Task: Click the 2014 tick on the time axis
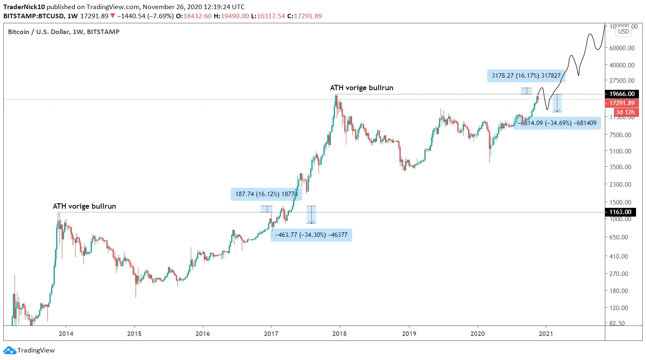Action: pyautogui.click(x=66, y=333)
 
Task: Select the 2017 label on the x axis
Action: pyautogui.click(x=271, y=333)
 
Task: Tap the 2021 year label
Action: pyautogui.click(x=546, y=333)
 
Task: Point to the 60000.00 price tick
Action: pyautogui.click(x=622, y=48)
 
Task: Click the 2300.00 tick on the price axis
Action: pyautogui.click(x=620, y=184)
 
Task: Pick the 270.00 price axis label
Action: pyautogui.click(x=619, y=274)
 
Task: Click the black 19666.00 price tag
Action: pyautogui.click(x=622, y=94)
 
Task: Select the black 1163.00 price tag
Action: pyautogui.click(x=620, y=212)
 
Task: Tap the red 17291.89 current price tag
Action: pyautogui.click(x=622, y=103)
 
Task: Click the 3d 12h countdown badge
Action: pyautogui.click(x=625, y=112)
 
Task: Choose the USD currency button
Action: pyautogui.click(x=624, y=32)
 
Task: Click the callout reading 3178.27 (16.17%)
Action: pyautogui.click(x=526, y=76)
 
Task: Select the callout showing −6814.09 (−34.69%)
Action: pyautogui.click(x=557, y=123)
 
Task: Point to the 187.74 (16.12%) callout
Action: pyautogui.click(x=266, y=194)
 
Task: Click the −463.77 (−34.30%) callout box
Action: pyautogui.click(x=311, y=235)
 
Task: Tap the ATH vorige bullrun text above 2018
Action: pyautogui.click(x=361, y=88)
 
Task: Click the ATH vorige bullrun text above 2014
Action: pyautogui.click(x=84, y=206)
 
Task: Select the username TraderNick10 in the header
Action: pyautogui.click(x=24, y=7)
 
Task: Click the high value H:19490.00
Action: pyautogui.click(x=231, y=16)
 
